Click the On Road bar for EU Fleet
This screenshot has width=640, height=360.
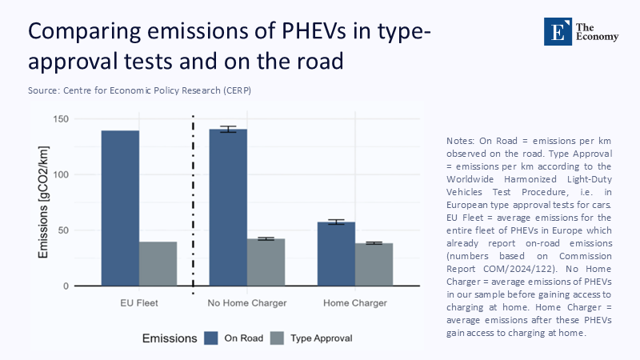(120, 208)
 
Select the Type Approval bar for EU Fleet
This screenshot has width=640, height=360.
(158, 264)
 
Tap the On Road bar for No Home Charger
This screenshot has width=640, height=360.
(228, 208)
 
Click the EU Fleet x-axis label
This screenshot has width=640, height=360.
(138, 304)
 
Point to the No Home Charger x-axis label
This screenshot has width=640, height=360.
(246, 304)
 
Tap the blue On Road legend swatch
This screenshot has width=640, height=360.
(211, 338)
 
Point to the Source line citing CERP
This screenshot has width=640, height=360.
(140, 90)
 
